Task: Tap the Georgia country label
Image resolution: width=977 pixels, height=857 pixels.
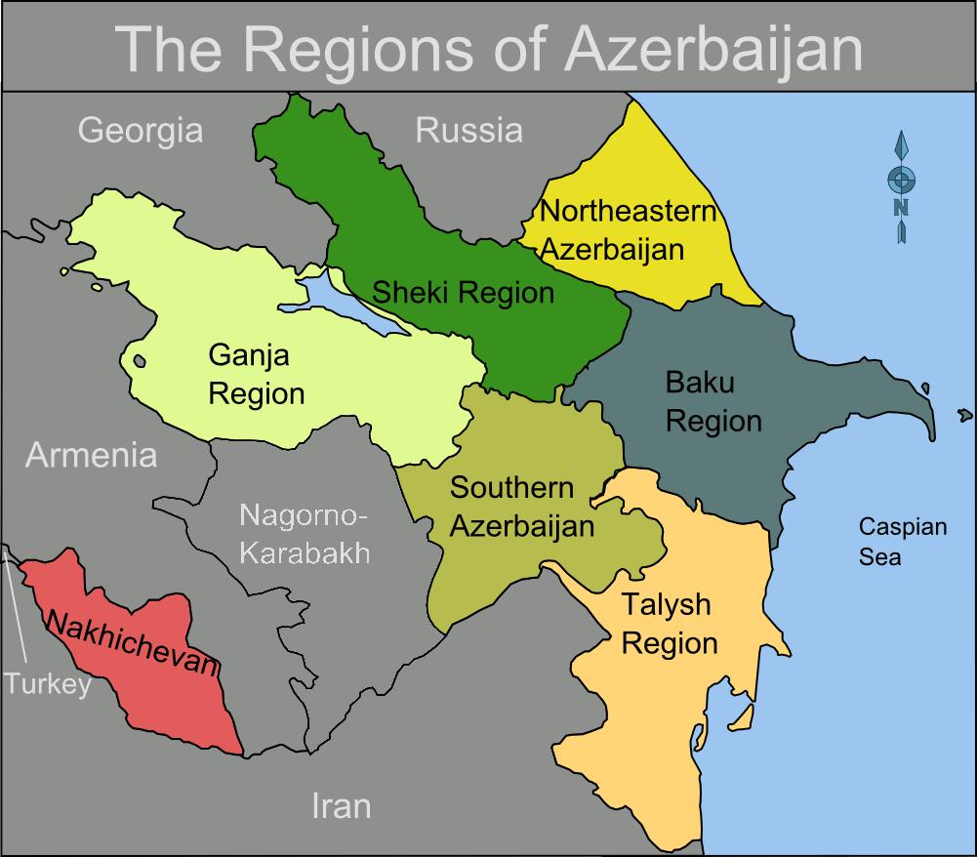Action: tap(141, 130)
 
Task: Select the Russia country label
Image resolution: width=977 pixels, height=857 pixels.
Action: tap(468, 130)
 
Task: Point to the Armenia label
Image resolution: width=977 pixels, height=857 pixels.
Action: tap(91, 455)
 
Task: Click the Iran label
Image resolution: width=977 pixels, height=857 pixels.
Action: tap(341, 806)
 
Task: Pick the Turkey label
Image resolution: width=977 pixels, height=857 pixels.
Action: tap(47, 683)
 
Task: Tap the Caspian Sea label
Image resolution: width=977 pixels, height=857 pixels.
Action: tap(902, 542)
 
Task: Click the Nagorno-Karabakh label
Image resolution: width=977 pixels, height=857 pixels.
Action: tap(305, 535)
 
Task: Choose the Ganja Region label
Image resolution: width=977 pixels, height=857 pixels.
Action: tap(256, 375)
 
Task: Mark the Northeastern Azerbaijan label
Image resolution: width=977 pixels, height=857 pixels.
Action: tap(627, 229)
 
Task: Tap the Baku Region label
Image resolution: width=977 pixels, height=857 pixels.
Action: tap(712, 401)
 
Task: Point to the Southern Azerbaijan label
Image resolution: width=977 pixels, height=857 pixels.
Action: tap(521, 507)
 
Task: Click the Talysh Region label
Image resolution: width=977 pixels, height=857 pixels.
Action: tap(669, 624)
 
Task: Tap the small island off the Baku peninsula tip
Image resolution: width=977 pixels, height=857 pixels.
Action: tap(964, 416)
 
